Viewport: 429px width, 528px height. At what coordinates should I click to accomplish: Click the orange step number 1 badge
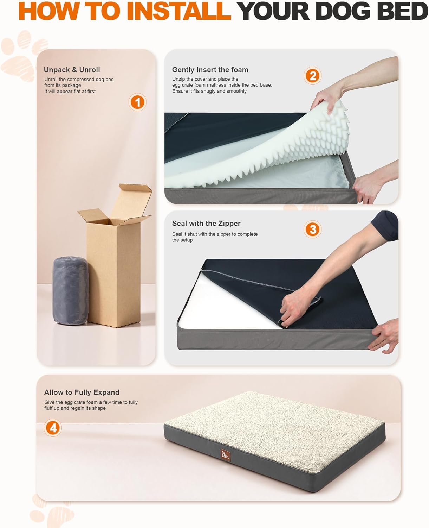tap(137, 102)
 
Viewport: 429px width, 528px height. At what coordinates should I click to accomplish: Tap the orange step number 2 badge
tap(312, 76)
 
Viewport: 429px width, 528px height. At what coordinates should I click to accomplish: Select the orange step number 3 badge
tap(312, 229)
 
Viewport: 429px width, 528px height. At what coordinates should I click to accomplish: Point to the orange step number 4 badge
tap(53, 428)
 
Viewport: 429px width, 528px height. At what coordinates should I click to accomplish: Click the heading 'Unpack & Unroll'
tap(72, 70)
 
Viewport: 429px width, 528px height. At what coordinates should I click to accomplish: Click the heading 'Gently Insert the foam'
tap(210, 70)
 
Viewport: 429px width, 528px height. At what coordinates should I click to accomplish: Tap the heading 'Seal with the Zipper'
tap(206, 224)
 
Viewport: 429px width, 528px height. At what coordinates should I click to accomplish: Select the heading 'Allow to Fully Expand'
tap(82, 392)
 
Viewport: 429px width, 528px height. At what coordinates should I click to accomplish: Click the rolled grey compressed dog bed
tap(71, 290)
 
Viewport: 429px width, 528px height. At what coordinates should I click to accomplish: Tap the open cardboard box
tap(115, 255)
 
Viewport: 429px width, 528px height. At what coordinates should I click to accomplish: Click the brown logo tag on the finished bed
tap(225, 455)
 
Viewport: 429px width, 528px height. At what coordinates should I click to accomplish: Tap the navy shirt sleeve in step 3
tap(385, 226)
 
